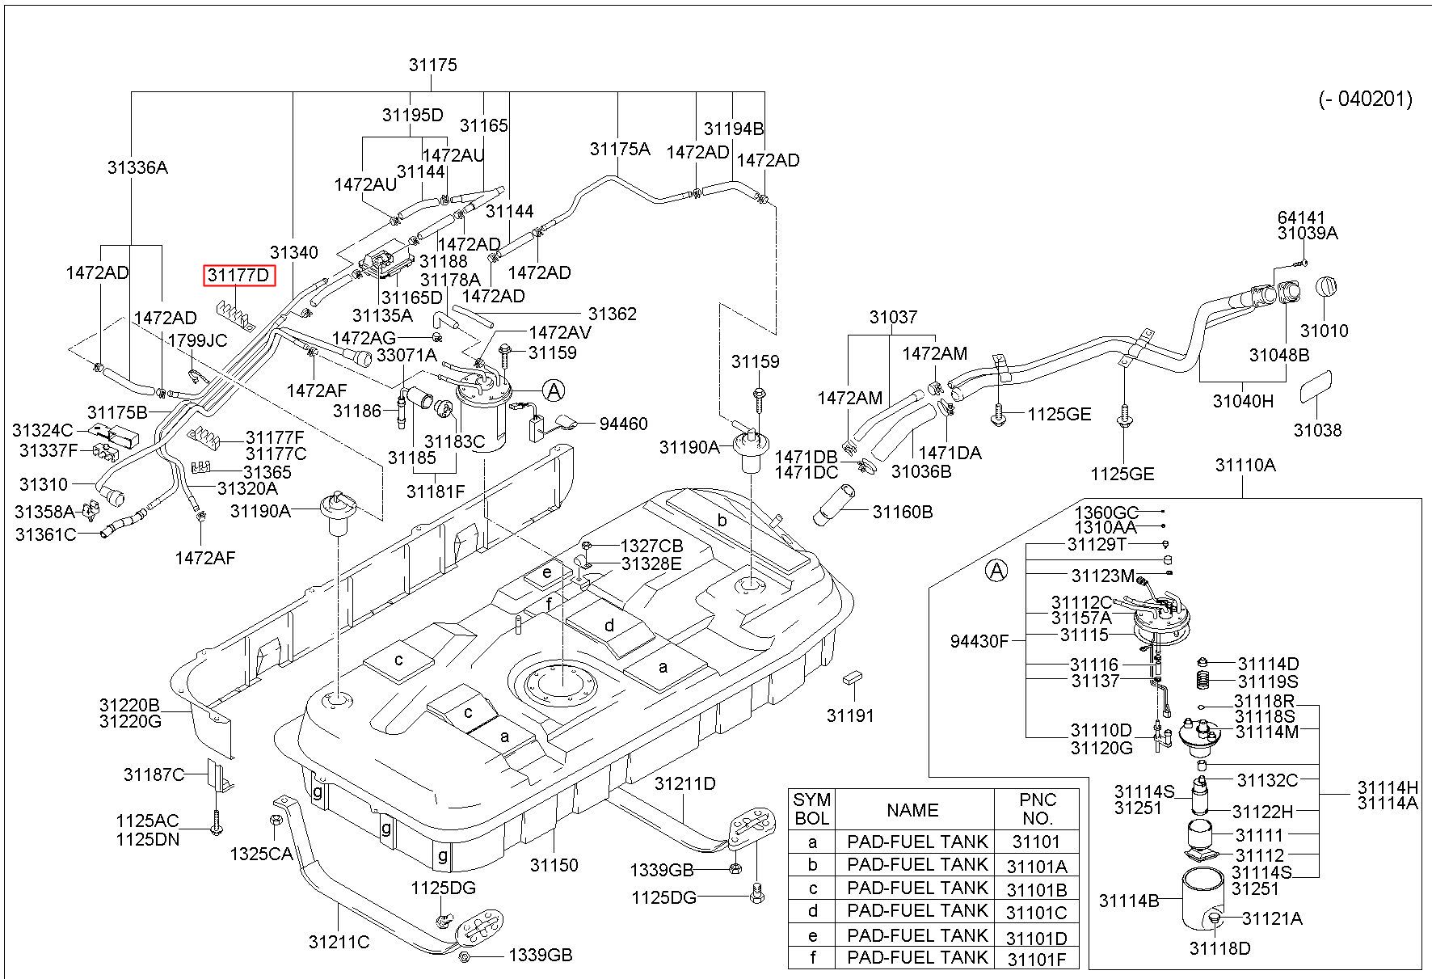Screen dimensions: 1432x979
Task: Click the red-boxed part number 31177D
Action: [x=238, y=276]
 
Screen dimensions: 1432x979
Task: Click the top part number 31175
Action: [x=433, y=65]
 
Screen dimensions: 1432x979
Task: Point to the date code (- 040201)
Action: [x=1366, y=99]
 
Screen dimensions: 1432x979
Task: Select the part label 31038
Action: [x=1317, y=430]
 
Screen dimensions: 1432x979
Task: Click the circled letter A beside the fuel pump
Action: [x=554, y=391]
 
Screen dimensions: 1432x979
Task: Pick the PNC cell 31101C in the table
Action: [x=1037, y=913]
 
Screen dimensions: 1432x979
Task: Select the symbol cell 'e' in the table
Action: [x=812, y=936]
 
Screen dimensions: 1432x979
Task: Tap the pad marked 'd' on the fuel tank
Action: [x=609, y=625]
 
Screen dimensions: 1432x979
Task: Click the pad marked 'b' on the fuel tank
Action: [x=722, y=521]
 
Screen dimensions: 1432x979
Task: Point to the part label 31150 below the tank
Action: [x=554, y=865]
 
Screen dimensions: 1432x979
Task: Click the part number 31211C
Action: [x=339, y=942]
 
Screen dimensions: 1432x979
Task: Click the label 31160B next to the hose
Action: [x=903, y=512]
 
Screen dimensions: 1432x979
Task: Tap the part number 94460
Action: [x=623, y=424]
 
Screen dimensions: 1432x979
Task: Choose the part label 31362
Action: [x=613, y=314]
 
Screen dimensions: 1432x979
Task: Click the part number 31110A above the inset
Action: [x=1245, y=465]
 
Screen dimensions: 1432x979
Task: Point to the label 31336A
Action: [x=137, y=167]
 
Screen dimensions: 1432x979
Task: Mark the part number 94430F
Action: [x=979, y=641]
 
